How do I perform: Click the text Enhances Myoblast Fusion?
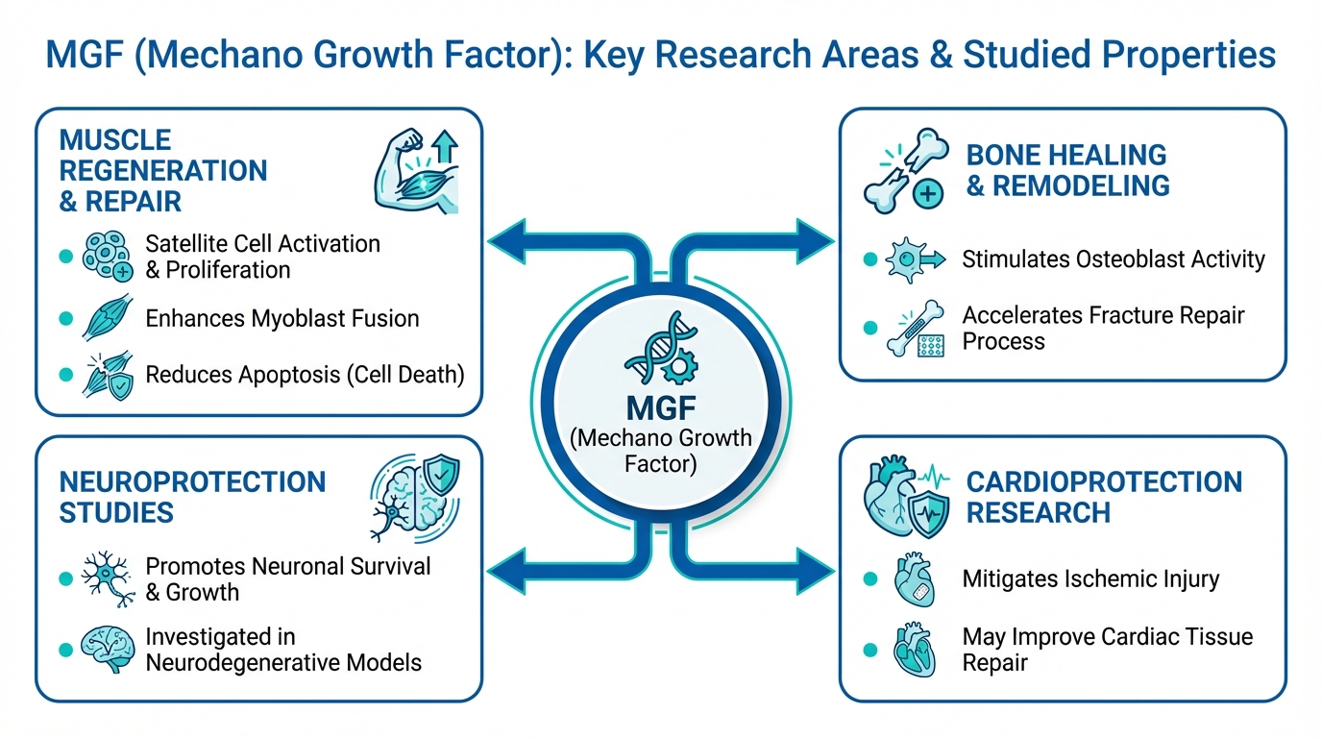pyautogui.click(x=282, y=318)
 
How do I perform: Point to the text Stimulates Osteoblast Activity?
pyautogui.click(x=1114, y=259)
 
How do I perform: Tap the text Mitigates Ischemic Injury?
pyautogui.click(x=1090, y=579)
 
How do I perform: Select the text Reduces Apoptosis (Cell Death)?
pyautogui.click(x=305, y=375)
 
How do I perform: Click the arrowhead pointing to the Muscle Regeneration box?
pyautogui.click(x=508, y=240)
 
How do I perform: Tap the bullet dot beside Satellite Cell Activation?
pyautogui.click(x=65, y=257)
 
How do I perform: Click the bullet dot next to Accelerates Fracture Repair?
pyautogui.click(x=870, y=328)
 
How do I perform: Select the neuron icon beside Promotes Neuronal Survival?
pyautogui.click(x=107, y=578)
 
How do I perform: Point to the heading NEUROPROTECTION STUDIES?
pyautogui.click(x=192, y=497)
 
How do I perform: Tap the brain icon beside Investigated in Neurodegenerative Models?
pyautogui.click(x=107, y=650)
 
